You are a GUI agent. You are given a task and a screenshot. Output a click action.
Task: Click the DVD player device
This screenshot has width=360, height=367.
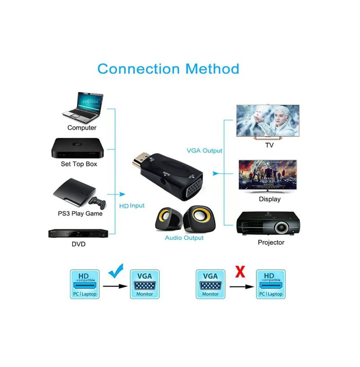click(x=78, y=233)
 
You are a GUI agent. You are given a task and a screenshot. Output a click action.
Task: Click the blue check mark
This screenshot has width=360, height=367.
click(x=116, y=271)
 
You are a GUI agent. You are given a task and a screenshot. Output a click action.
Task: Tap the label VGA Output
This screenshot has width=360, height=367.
click(x=204, y=151)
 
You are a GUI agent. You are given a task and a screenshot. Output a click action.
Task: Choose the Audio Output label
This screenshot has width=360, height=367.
click(x=184, y=237)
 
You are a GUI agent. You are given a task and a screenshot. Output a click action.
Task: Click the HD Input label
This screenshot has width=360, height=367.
click(x=132, y=206)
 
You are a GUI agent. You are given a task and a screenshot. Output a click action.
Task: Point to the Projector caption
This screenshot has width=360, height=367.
click(x=271, y=242)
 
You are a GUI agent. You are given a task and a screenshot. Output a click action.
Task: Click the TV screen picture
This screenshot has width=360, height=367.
click(x=268, y=121)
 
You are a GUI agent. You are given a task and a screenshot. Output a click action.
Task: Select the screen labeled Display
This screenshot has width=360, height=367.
click(x=268, y=175)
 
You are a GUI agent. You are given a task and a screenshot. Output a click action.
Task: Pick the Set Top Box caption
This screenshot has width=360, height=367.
click(x=79, y=164)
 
